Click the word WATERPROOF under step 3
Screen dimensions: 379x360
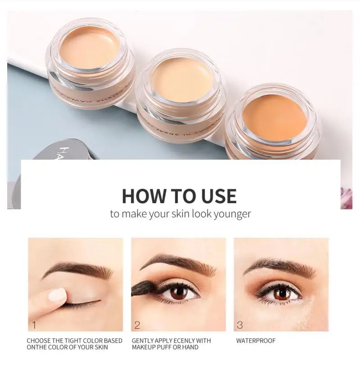point(256,341)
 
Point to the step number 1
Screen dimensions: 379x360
point(34,325)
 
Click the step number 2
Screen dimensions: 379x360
point(137,325)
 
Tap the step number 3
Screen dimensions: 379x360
point(240,325)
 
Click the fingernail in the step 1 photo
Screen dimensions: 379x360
point(57,295)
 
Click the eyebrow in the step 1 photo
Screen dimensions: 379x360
point(76,270)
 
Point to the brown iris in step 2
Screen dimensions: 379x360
point(179,293)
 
